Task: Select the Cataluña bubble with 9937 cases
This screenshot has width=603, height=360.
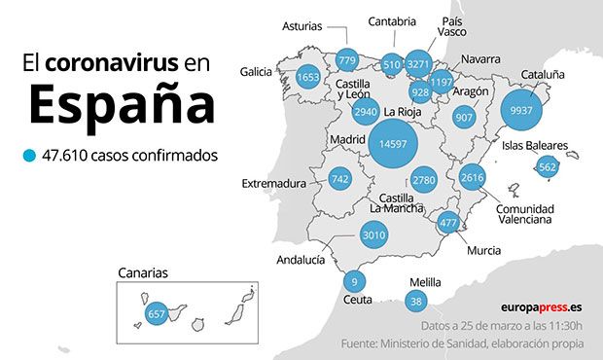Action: (520, 110)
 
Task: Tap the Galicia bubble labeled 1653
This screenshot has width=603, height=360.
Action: (308, 77)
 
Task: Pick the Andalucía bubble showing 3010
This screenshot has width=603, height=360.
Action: (373, 234)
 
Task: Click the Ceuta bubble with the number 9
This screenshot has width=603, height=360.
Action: (355, 282)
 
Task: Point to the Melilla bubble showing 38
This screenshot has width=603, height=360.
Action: (416, 302)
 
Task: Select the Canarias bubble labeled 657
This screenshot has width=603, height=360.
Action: (157, 314)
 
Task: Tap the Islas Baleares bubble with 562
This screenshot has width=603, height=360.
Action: (548, 166)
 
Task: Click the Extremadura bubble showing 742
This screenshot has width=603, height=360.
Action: (339, 179)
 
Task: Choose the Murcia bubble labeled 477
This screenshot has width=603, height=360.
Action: (448, 223)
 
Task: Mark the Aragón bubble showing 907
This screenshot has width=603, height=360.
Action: (464, 118)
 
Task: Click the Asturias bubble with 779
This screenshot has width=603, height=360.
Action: (347, 61)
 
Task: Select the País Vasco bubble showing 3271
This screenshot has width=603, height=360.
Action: (419, 64)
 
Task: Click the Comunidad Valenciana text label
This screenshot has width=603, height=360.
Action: (524, 214)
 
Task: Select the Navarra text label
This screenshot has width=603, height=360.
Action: (480, 59)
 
